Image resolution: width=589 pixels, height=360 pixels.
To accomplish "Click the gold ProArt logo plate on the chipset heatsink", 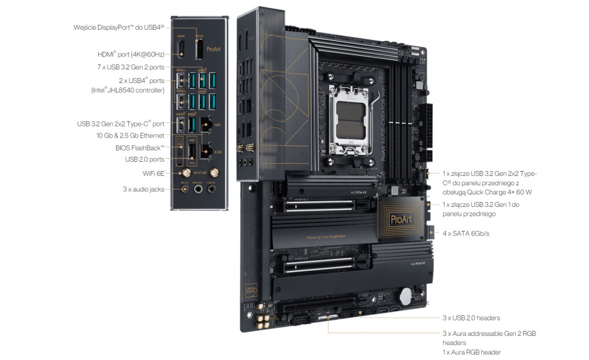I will click(x=398, y=218).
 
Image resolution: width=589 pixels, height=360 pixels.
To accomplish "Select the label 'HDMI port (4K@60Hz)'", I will click(x=131, y=55).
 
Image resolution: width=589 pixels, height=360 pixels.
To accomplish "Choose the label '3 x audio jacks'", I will click(x=143, y=189).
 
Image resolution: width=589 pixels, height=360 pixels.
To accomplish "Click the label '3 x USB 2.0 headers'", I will click(x=471, y=318).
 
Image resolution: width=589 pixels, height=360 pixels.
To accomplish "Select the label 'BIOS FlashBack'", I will click(x=140, y=147).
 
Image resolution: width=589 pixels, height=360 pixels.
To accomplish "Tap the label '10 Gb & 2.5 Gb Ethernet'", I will click(x=130, y=135).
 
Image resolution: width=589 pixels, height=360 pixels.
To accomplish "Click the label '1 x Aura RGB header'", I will click(x=471, y=352).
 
